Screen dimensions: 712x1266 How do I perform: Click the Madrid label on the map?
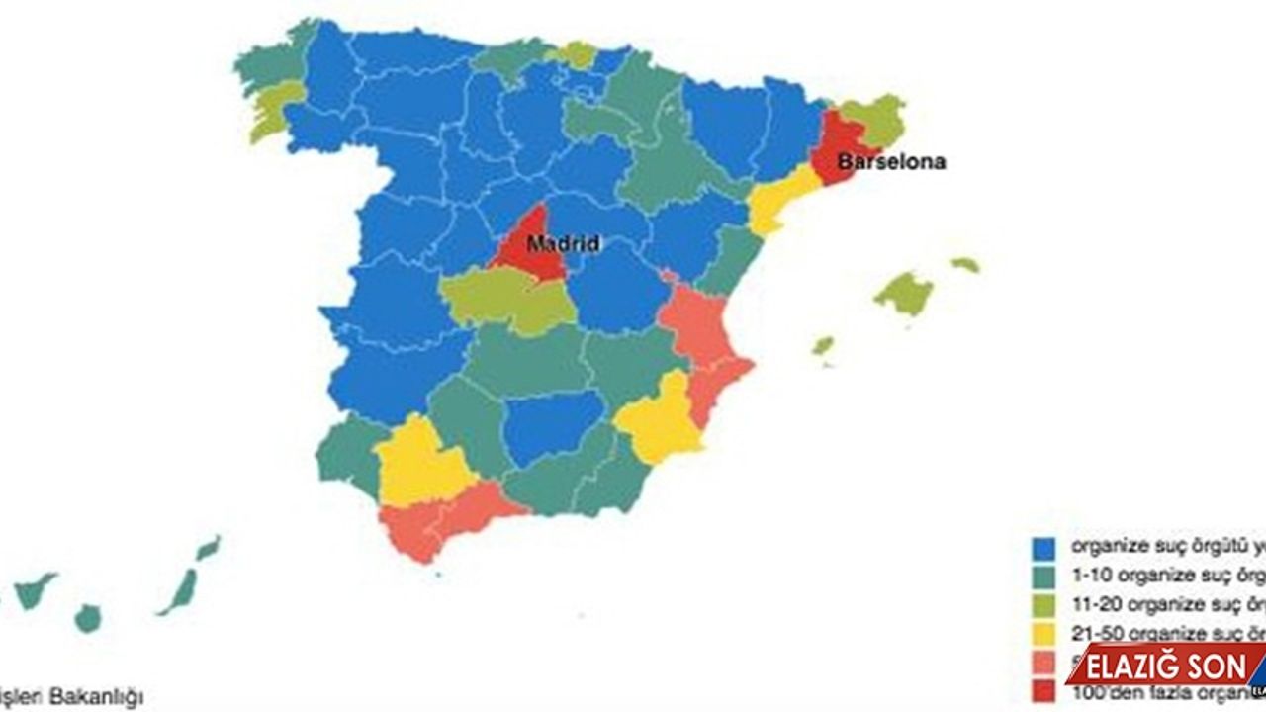pos(562,243)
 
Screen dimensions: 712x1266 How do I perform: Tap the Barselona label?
pos(891,161)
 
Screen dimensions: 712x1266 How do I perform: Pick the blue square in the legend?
pos(1042,546)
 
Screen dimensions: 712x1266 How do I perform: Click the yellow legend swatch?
pos(1042,633)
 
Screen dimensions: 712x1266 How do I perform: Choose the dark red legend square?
pos(1042,691)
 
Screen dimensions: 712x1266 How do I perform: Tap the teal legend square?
pos(1042,575)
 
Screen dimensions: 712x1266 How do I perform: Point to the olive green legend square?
pos(1042,604)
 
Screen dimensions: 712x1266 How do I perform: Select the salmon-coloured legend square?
pos(1042,663)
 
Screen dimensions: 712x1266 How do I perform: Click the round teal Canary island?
pos(88,619)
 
